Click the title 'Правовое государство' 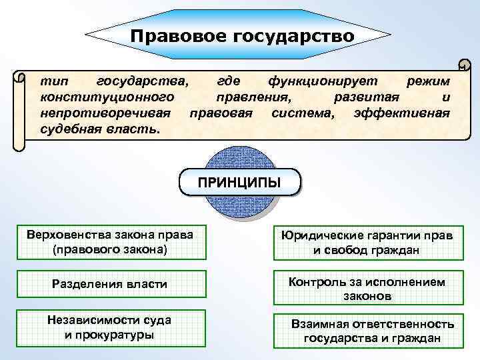tap(243, 35)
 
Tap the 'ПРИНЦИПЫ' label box tap(240, 182)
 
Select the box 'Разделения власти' tap(109, 285)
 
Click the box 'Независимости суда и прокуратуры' tap(109, 327)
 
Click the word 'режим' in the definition tap(428, 81)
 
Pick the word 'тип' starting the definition tap(51, 81)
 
